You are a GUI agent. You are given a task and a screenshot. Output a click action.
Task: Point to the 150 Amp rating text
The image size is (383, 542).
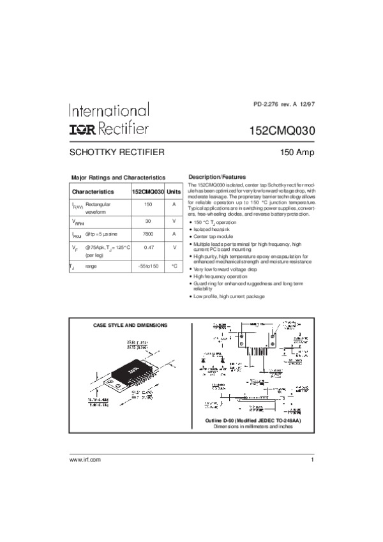(298, 153)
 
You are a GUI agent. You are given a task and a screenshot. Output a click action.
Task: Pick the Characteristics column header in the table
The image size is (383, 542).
(93, 192)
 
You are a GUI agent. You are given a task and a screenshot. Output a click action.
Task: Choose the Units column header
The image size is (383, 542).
(174, 192)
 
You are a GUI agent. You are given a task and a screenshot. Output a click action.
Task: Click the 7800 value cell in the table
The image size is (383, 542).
(148, 234)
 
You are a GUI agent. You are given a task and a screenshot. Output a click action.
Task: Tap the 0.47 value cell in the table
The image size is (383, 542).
(148, 248)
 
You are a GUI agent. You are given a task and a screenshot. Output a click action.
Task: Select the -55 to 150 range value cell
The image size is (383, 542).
(148, 266)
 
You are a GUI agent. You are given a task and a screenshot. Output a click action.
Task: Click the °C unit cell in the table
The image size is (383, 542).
(174, 266)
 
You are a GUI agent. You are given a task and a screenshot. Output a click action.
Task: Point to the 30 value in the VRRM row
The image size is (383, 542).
(148, 220)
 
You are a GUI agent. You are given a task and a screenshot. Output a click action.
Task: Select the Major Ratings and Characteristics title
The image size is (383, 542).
(118, 177)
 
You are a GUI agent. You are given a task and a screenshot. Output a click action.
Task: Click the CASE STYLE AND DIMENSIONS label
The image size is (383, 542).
(130, 326)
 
